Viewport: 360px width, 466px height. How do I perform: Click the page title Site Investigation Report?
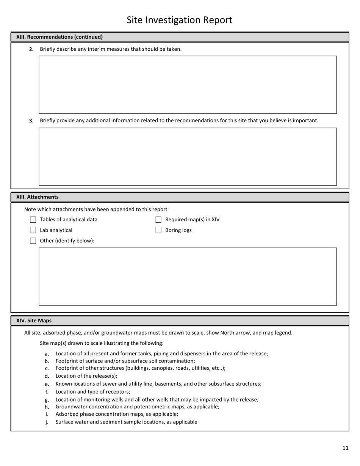[x=179, y=20]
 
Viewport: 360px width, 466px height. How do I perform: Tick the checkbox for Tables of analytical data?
[x=33, y=220]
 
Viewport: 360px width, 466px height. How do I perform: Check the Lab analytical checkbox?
[x=33, y=230]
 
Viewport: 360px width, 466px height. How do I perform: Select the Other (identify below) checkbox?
[x=33, y=241]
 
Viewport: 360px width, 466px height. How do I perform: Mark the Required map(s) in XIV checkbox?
[x=158, y=220]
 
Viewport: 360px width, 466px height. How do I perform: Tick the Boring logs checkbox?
[x=158, y=230]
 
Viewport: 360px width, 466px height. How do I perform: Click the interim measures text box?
[x=188, y=84]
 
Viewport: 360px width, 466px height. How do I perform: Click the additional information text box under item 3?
[x=188, y=156]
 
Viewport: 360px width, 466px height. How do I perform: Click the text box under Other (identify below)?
[x=188, y=277]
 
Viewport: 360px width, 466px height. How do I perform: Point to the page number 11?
[x=345, y=448]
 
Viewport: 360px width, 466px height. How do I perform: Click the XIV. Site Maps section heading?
[x=34, y=321]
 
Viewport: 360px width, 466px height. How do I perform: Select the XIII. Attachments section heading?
[x=37, y=197]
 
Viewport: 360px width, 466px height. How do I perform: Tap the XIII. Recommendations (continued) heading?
[x=59, y=37]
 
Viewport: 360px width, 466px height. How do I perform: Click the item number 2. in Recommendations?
[x=31, y=49]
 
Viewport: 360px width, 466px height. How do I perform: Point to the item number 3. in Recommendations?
[x=31, y=121]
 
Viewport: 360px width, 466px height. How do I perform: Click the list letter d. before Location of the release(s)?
[x=47, y=376]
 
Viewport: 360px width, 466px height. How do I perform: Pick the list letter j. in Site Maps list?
[x=47, y=422]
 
